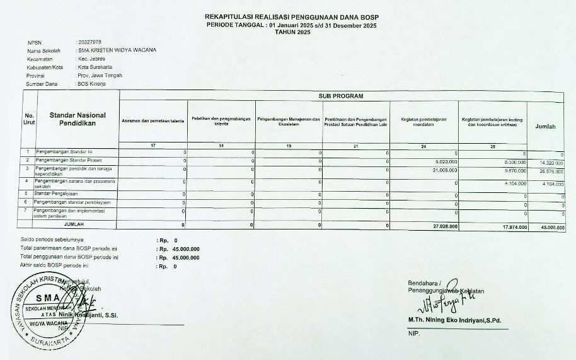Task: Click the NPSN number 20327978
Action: tap(90, 42)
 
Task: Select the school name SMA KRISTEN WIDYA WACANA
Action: tap(117, 50)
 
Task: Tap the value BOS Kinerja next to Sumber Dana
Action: tap(92, 83)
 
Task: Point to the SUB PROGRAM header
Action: tap(342, 96)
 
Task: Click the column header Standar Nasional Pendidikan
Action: tap(78, 120)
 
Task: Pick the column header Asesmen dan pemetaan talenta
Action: tap(153, 120)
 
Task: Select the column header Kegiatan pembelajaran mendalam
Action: tap(423, 121)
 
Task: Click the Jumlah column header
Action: tap(545, 126)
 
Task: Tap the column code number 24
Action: tap(423, 146)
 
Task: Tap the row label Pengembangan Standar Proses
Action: tap(64, 161)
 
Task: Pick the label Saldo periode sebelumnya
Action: tap(52, 240)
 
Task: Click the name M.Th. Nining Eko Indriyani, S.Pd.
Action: tap(454, 321)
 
